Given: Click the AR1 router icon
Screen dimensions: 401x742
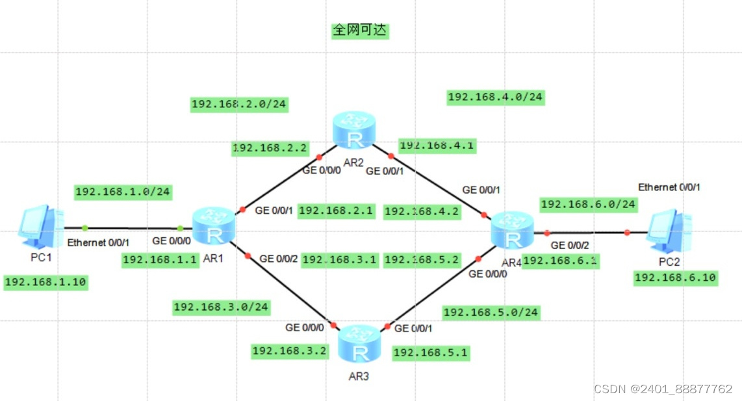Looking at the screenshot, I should click(x=213, y=227).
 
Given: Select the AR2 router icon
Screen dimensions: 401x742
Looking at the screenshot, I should click(x=353, y=130).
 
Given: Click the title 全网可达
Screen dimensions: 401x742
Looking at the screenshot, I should click(x=360, y=31).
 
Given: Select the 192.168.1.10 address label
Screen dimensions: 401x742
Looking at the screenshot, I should click(x=45, y=282).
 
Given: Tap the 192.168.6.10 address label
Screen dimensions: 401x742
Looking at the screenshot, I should click(x=675, y=278).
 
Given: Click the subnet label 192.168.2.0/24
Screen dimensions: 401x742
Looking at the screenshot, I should click(x=238, y=104).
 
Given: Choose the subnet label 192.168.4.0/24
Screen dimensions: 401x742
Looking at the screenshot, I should click(x=496, y=97).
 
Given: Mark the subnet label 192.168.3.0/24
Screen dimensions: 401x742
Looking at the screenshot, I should click(x=221, y=307).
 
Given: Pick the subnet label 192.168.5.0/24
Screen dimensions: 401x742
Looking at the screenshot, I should click(x=491, y=313).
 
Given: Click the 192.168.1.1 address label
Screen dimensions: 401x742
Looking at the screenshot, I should click(x=160, y=260).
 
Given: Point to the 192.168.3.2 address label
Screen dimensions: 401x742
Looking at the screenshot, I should click(x=289, y=351).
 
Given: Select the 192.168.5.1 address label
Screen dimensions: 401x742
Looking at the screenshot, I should click(x=431, y=353).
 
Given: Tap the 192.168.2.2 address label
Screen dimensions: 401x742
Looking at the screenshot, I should click(x=270, y=149).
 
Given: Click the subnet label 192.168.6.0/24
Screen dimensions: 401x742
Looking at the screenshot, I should click(x=588, y=205).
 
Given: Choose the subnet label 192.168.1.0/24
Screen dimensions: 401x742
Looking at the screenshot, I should click(x=123, y=192).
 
